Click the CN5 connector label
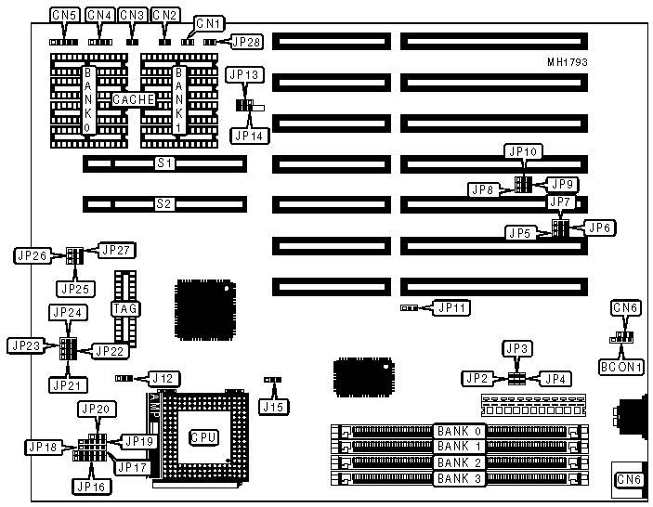pos(64,15)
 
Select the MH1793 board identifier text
pos(567,62)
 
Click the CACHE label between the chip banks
pos(135,98)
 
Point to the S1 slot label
pos(164,163)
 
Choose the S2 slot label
pos(164,202)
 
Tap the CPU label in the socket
pos(202,437)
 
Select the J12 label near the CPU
pos(163,379)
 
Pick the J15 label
pos(271,405)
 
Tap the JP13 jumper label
pos(248,73)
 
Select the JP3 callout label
pos(516,348)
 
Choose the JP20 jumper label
pos(96,409)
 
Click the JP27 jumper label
pos(117,249)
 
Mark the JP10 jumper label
pos(522,150)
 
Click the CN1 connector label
pos(209,22)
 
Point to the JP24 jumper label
pos(69,312)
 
